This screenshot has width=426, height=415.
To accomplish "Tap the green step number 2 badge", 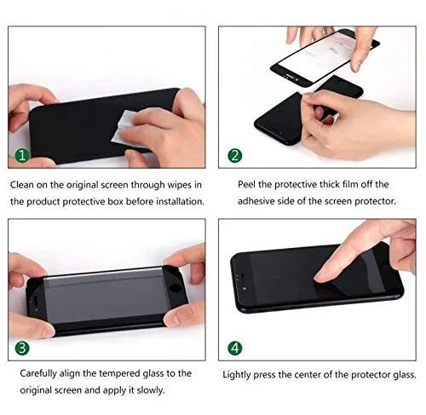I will [x=235, y=157].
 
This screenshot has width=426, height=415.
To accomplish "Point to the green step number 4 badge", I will [x=235, y=347].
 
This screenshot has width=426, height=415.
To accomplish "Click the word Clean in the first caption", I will [x=24, y=184].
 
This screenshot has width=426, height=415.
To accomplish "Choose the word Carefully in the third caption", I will [x=33, y=374].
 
